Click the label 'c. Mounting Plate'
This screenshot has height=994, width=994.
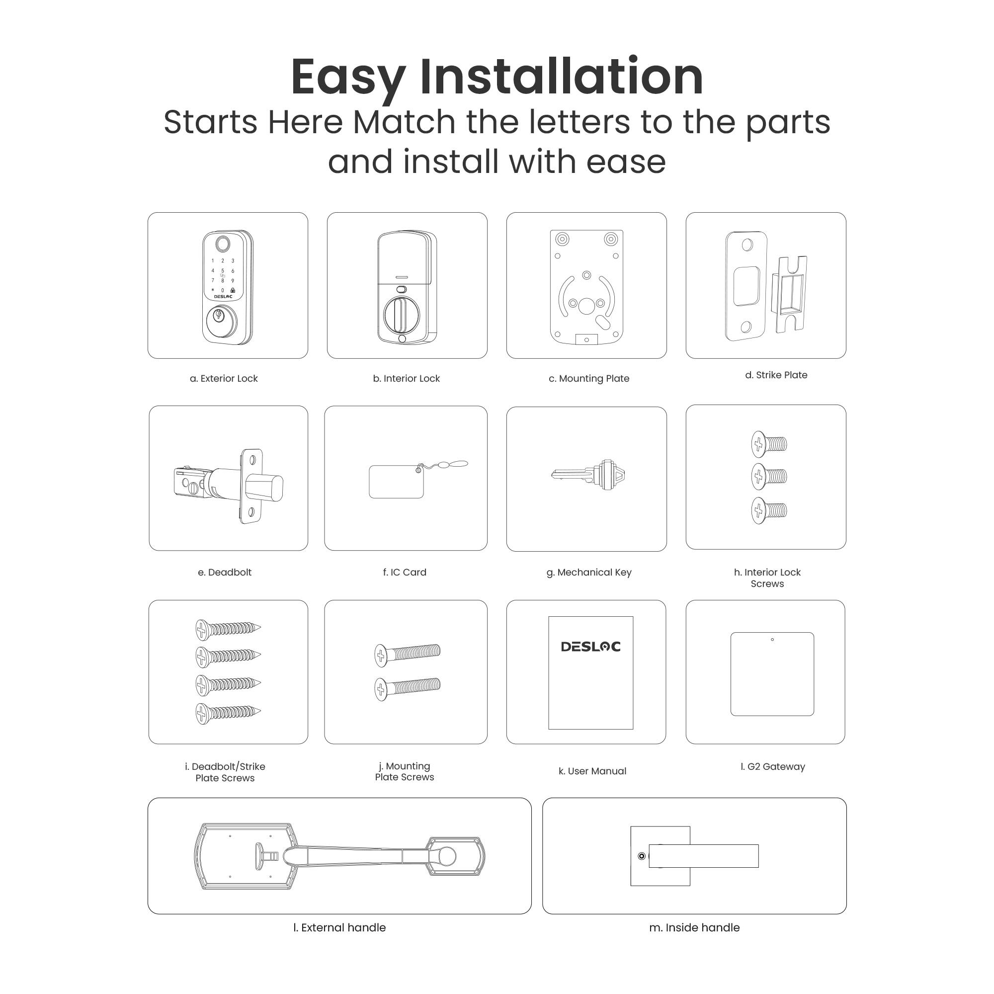[x=588, y=379]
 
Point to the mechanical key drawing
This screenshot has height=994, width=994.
[x=588, y=474]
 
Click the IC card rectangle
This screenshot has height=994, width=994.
[x=396, y=482]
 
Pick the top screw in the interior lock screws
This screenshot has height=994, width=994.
[x=768, y=444]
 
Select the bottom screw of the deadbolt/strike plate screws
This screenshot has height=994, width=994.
[x=228, y=713]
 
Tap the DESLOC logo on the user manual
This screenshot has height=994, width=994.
[x=590, y=647]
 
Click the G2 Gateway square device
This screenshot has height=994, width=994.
[x=772, y=674]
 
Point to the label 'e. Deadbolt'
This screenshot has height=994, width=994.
[x=224, y=572]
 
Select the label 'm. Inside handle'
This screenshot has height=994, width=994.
[x=694, y=927]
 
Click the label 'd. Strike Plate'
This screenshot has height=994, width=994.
[x=776, y=375]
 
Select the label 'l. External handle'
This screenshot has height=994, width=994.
[x=339, y=927]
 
